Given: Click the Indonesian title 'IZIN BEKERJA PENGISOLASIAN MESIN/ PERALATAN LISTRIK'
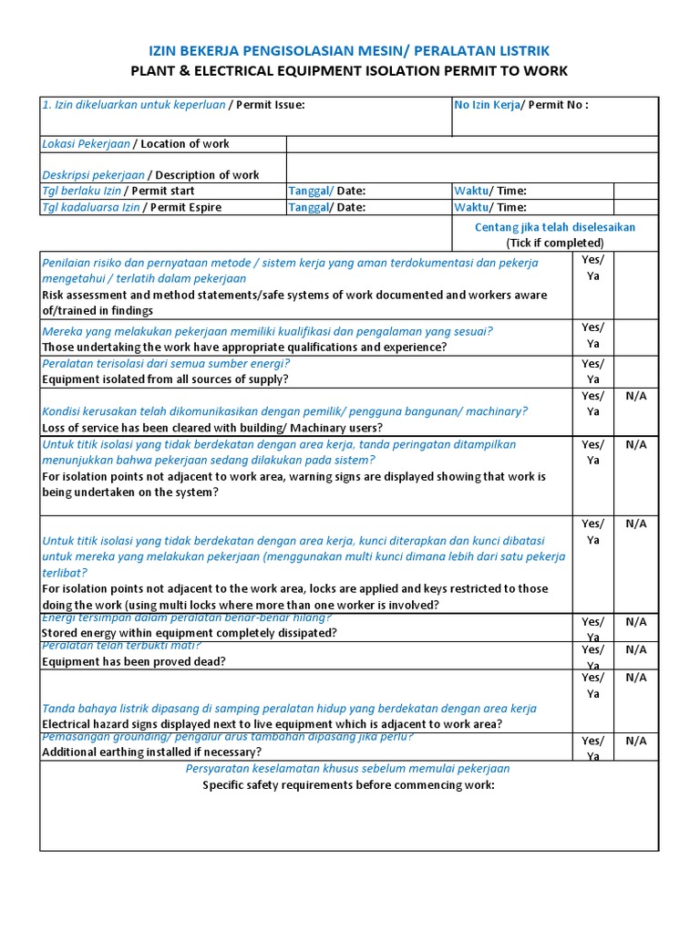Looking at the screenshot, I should tap(349, 50).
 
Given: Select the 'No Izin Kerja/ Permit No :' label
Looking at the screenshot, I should tap(520, 105).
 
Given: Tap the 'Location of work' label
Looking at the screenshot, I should tap(185, 144).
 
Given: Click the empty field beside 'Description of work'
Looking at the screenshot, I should tap(472, 168).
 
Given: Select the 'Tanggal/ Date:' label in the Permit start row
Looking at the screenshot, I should tap(326, 191).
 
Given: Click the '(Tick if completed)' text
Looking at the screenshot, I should tap(555, 243).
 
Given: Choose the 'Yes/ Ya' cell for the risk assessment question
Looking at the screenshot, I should tap(592, 267).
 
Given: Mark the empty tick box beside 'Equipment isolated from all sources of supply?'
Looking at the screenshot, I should tap(635, 371).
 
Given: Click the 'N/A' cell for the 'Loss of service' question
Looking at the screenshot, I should tap(635, 396).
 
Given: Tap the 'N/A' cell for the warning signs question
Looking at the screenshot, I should tap(635, 445).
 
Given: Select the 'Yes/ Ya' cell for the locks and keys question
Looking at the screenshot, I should tap(592, 532).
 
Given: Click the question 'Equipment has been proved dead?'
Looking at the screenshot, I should tap(134, 661).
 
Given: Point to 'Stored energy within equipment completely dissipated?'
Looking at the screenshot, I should tap(190, 632).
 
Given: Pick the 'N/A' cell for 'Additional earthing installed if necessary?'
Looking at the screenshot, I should tap(635, 742).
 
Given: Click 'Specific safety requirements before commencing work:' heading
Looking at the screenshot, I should tap(348, 784).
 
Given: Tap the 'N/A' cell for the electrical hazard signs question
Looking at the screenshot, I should tap(635, 678).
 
